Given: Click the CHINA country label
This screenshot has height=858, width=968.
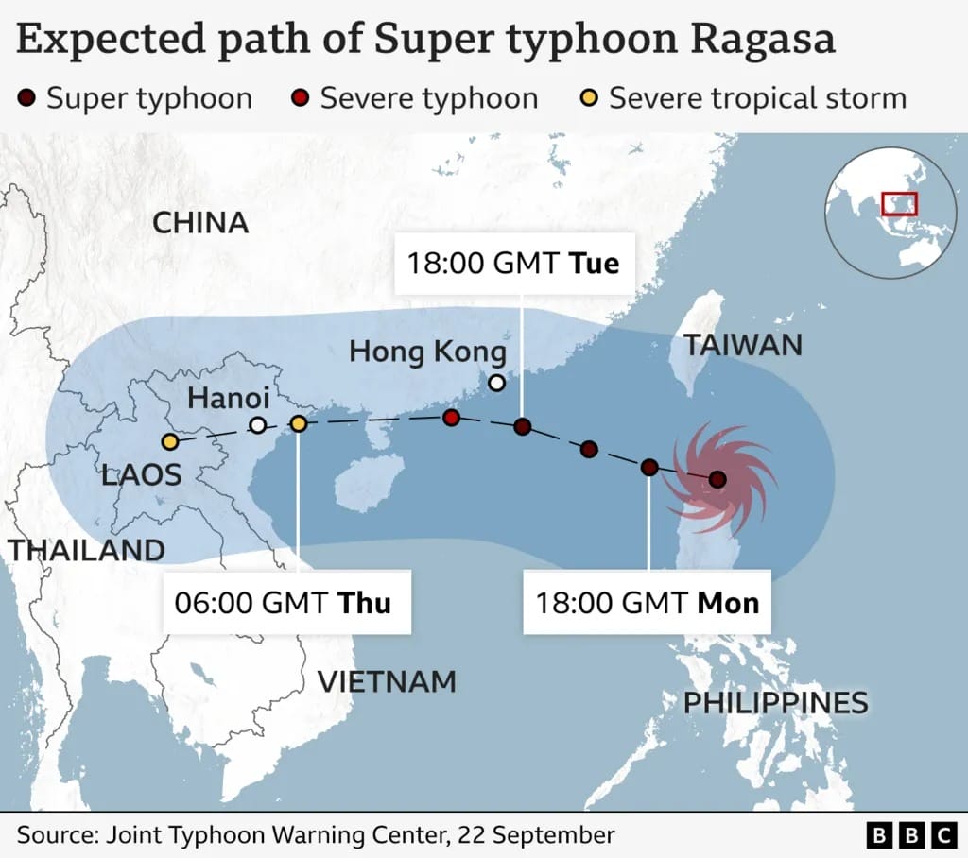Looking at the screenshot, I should tap(200, 223).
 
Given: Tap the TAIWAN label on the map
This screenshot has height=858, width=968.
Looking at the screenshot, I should tap(743, 345).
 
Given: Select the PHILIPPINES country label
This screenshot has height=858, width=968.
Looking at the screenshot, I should tap(775, 702).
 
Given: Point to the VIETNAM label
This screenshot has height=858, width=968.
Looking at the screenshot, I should tap(387, 680).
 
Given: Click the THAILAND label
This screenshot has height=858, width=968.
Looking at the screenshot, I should tap(85, 550).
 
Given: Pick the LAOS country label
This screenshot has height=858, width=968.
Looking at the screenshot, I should tap(142, 474).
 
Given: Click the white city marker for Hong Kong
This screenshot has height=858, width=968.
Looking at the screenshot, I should tap(496, 383).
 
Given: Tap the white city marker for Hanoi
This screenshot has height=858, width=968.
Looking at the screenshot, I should tap(257, 425).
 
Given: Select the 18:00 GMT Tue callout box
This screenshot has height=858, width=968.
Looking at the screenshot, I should tap(513, 262).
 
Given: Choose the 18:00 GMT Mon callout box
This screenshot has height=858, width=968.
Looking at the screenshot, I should tap(648, 602).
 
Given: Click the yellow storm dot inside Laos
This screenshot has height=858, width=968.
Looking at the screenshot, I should tap(170, 441).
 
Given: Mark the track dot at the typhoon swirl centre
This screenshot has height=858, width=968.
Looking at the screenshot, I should tap(717, 480).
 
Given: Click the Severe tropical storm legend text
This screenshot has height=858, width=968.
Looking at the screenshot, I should tap(757, 98).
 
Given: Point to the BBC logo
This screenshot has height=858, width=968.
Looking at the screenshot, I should tap(911, 835).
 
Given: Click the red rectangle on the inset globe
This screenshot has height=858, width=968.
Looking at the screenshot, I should tap(898, 203).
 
